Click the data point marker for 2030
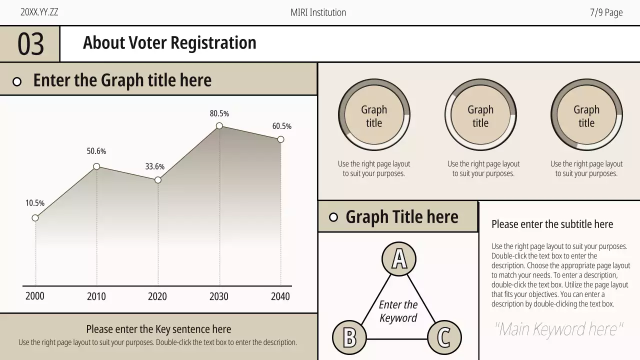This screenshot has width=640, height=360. pos(219,126)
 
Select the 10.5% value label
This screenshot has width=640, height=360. pos(35,203)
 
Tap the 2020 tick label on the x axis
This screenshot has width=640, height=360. pos(157,296)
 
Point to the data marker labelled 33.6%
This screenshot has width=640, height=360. pos(158,180)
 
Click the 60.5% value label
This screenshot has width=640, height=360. pos(281,126)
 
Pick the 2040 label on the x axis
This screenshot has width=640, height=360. pos(280,296)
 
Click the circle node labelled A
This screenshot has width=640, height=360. pos(399,259)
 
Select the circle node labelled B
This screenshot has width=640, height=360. pos(349,337)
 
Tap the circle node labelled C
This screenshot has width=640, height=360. pos(444,337)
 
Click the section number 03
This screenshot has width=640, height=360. pos(30,44)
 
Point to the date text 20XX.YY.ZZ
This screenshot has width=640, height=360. pos(39,12)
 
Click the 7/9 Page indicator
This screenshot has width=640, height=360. pos(606,13)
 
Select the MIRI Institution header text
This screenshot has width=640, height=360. pos(318,13)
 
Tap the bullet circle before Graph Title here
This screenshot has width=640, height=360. pos(333,217)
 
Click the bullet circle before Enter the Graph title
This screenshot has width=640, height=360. pos(17,81)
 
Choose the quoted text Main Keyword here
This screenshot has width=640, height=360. pos(558,329)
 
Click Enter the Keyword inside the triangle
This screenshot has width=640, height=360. pos(398,311)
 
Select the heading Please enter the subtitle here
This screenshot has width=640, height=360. pos(552,224)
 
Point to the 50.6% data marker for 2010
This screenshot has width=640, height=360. pos(96,166)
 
